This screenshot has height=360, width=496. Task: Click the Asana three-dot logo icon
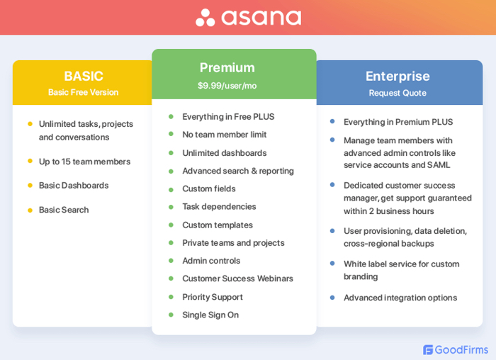click(205, 18)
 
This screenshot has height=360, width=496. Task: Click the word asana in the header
click(261, 18)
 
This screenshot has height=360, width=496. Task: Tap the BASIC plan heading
click(84, 76)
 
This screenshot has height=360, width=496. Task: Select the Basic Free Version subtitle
click(84, 92)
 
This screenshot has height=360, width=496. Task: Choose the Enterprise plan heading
click(398, 76)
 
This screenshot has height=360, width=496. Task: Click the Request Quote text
click(398, 93)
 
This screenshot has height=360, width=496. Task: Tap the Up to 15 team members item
click(84, 162)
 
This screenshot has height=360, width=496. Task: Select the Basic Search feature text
click(64, 210)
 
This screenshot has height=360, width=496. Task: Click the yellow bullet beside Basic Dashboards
click(30, 185)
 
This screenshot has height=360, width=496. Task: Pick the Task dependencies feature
click(219, 207)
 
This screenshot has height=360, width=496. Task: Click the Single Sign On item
click(210, 315)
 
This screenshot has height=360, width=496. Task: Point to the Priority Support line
click(213, 297)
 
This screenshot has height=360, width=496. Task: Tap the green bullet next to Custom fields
click(171, 189)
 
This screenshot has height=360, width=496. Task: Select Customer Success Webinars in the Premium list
click(237, 279)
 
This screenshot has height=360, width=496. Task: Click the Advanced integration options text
click(400, 298)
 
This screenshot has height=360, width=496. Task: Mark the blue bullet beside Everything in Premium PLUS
click(332, 122)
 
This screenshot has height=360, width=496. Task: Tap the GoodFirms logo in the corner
click(453, 349)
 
